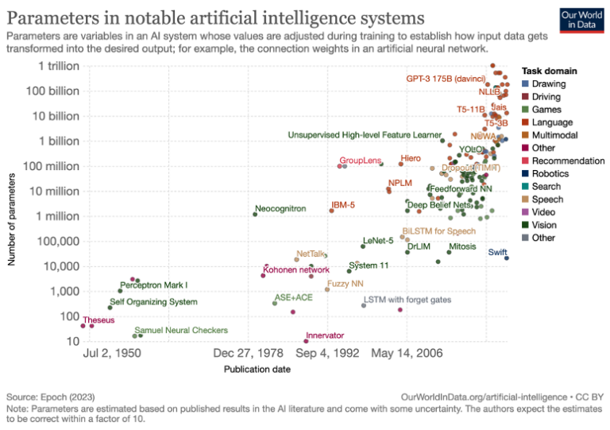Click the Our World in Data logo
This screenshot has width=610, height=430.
tap(580, 21)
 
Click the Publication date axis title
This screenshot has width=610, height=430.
tap(257, 370)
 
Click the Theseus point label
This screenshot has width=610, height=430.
tap(98, 320)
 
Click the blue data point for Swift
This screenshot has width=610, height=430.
tap(507, 258)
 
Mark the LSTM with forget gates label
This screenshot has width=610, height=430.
tap(413, 300)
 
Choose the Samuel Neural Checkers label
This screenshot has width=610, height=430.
tap(181, 330)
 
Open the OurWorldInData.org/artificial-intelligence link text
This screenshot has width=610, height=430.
tap(485, 396)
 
